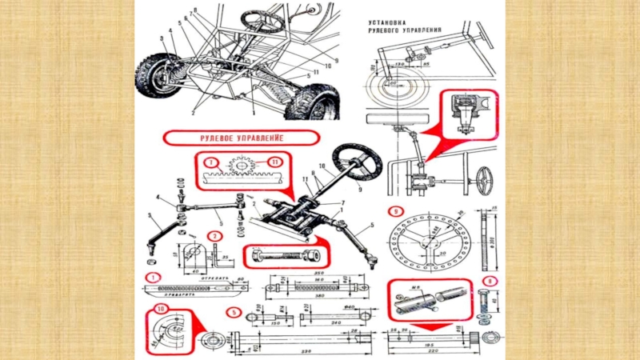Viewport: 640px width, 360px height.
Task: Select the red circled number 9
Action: pyautogui.click(x=395, y=211)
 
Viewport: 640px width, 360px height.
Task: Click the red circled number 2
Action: pyautogui.click(x=214, y=236)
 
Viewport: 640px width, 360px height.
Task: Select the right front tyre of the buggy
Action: pyautogui.click(x=311, y=105)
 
